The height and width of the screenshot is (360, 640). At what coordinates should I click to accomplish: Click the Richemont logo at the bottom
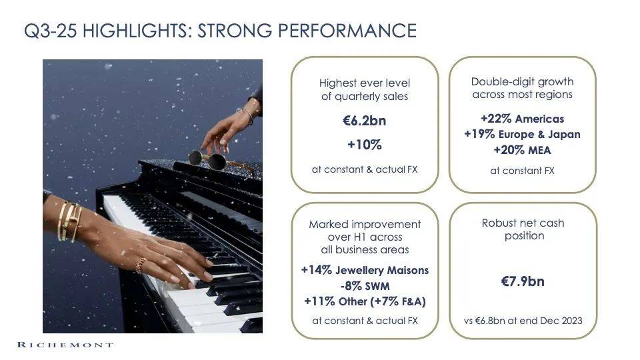(65, 345)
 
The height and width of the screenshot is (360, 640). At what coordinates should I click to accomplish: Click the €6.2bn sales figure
(365, 121)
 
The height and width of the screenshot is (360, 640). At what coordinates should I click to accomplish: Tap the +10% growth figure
(365, 145)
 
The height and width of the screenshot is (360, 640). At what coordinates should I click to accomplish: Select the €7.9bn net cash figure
(523, 281)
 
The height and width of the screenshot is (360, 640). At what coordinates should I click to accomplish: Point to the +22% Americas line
(522, 119)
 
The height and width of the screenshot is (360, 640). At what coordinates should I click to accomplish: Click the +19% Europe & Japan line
(522, 134)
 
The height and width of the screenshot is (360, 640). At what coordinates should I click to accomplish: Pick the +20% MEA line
(522, 150)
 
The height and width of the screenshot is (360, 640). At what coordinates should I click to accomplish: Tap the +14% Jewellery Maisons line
(365, 270)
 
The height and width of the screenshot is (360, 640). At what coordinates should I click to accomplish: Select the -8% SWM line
(365, 286)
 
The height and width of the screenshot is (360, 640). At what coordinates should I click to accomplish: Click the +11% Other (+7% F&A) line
(365, 301)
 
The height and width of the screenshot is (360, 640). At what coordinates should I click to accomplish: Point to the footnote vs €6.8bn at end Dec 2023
(523, 321)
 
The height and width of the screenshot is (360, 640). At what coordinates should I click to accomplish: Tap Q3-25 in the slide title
(50, 31)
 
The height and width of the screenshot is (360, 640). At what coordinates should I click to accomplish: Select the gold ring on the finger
(141, 265)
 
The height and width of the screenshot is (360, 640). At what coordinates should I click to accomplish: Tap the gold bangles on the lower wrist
(69, 221)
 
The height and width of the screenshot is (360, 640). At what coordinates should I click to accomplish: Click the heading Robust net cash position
(523, 229)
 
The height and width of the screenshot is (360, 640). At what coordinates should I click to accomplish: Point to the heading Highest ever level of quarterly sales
(365, 90)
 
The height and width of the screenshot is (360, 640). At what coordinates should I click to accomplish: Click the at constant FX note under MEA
(522, 171)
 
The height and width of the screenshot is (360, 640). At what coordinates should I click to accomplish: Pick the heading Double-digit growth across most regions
(522, 88)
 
